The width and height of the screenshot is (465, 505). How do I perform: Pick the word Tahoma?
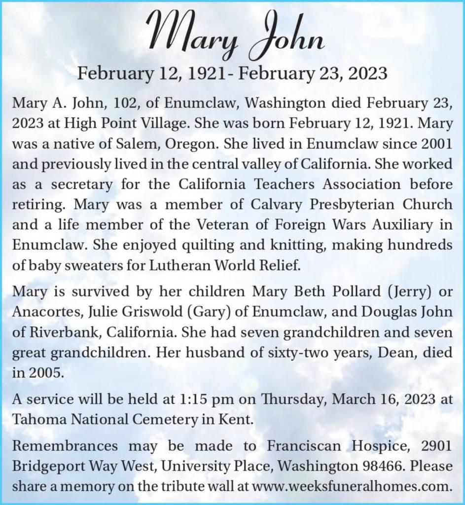(39, 419)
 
